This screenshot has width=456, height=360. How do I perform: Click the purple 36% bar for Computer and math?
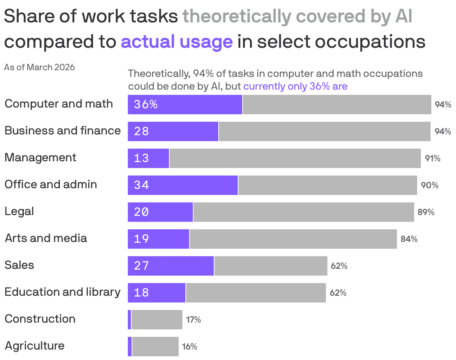[x=185, y=105]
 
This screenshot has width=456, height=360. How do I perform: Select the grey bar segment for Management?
[x=295, y=158]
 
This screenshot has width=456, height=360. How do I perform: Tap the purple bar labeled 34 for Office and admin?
[x=183, y=185]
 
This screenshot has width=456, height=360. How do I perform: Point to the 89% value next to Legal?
[x=426, y=212]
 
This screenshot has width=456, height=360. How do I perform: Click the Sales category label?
[x=19, y=265]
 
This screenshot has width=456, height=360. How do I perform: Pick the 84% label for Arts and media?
[x=409, y=239]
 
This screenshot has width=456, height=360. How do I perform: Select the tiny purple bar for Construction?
[x=129, y=320]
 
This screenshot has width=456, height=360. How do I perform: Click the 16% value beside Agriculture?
[x=190, y=347]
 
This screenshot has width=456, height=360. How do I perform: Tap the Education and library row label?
[x=62, y=292]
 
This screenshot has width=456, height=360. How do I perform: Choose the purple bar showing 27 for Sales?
[x=171, y=266]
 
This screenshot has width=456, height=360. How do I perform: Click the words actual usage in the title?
[x=176, y=42]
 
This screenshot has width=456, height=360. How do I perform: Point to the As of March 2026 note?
[x=39, y=67]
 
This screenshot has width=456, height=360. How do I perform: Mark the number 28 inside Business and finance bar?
[x=141, y=131]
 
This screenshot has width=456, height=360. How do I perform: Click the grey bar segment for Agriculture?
[x=155, y=347]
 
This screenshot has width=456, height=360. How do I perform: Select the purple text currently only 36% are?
[x=295, y=86]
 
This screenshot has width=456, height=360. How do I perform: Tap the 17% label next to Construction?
[x=193, y=320]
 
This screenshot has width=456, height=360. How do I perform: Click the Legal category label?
[x=19, y=211]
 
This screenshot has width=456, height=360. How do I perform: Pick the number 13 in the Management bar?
[x=141, y=158]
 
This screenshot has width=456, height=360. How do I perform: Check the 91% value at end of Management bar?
[x=432, y=158]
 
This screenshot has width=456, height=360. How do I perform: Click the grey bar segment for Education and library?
[x=256, y=293]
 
